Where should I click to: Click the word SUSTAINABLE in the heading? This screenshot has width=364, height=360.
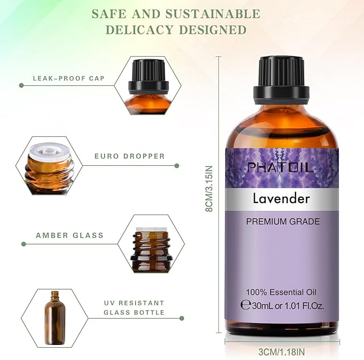coord(214,13)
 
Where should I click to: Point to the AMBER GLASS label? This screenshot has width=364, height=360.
coord(70,236)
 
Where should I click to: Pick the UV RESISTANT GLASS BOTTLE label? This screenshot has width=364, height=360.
coord(134,307)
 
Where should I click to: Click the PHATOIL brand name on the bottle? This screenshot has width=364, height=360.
coord(280,167)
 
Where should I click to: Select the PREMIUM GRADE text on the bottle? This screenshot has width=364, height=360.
coord(283,221)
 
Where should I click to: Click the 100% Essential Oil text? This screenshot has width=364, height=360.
coord(281,292)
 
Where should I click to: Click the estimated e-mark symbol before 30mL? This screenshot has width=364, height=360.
coord(246,305)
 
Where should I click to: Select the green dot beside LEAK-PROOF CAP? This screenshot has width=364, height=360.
coord(21,85)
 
